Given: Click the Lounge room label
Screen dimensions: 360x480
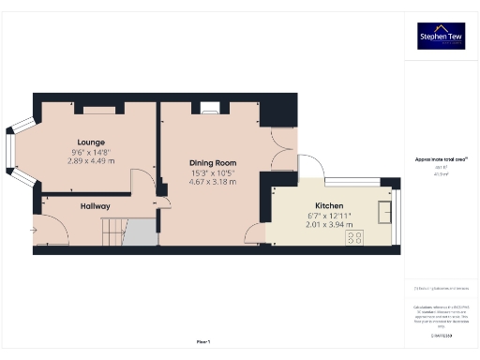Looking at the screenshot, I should pyautogui.click(x=91, y=142).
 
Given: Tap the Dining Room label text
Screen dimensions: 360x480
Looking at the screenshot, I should pyautogui.click(x=212, y=162).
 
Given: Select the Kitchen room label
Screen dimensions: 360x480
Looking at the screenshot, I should pyautogui.click(x=328, y=205).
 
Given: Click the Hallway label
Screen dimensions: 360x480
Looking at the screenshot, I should pyautogui.click(x=95, y=205).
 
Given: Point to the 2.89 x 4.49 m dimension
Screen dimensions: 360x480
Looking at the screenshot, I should pyautogui.click(x=91, y=161).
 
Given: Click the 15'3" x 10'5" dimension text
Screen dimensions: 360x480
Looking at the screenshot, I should pyautogui.click(x=212, y=172).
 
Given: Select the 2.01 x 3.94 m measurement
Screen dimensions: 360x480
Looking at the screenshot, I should pyautogui.click(x=328, y=225).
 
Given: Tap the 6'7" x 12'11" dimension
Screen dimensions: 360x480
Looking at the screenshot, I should pyautogui.click(x=328, y=216).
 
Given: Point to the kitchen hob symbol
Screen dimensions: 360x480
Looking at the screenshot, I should pyautogui.click(x=355, y=238).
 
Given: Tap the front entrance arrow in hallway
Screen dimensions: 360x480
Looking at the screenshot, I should pyautogui.click(x=36, y=229).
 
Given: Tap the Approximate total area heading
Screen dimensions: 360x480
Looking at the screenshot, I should pyautogui.click(x=441, y=158).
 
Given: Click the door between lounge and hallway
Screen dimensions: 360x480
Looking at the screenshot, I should pyautogui.click(x=142, y=184).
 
